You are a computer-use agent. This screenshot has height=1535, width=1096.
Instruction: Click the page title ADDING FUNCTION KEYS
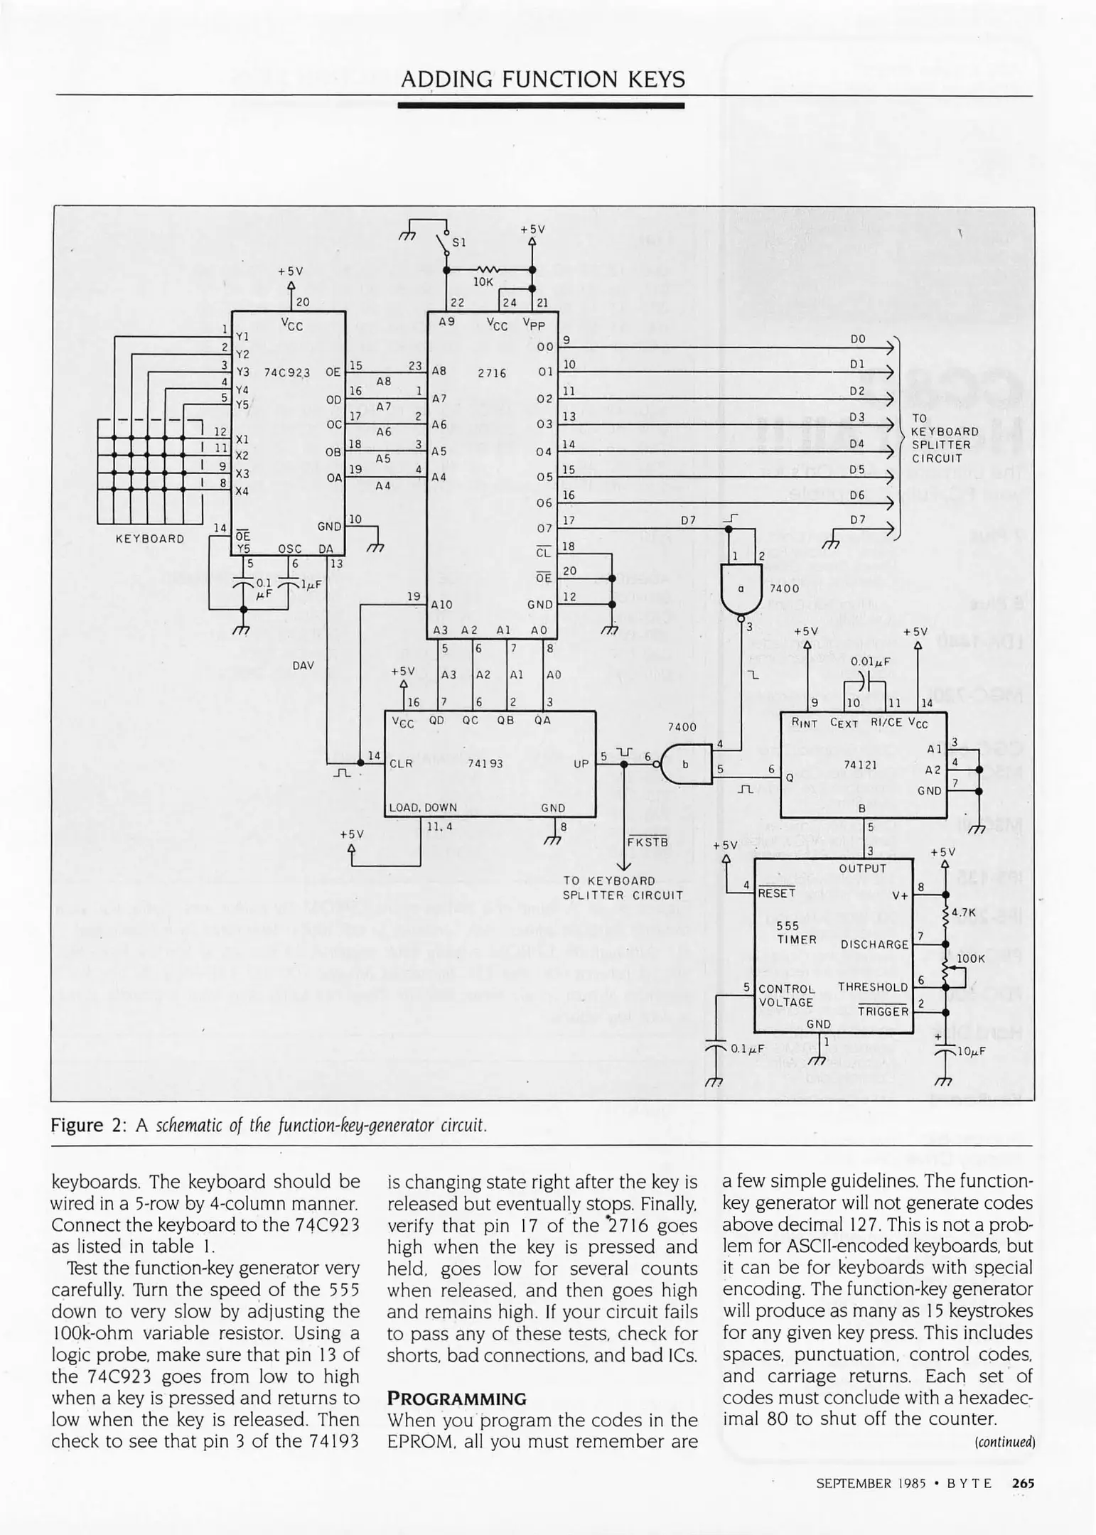pyautogui.click(x=543, y=79)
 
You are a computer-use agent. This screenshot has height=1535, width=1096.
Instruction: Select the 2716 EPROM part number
pyautogui.click(x=491, y=372)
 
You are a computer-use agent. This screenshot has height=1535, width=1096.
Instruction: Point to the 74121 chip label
pyautogui.click(x=860, y=764)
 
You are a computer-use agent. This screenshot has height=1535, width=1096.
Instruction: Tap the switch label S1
pyautogui.click(x=459, y=242)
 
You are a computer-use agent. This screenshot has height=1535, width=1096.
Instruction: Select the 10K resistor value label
pyautogui.click(x=483, y=282)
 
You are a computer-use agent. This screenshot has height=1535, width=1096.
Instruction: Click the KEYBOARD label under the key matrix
pyautogui.click(x=150, y=539)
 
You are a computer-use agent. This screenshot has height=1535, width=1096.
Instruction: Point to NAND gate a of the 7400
pyautogui.click(x=741, y=588)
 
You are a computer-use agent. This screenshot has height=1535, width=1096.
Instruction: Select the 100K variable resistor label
pyautogui.click(x=971, y=958)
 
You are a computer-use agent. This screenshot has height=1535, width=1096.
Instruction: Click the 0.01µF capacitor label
pyautogui.click(x=871, y=661)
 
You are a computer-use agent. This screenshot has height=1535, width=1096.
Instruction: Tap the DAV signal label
pyautogui.click(x=303, y=666)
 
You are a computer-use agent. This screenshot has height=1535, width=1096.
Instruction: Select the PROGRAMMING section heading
pyautogui.click(x=456, y=1398)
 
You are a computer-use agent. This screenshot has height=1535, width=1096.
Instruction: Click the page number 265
pyautogui.click(x=1023, y=1483)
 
